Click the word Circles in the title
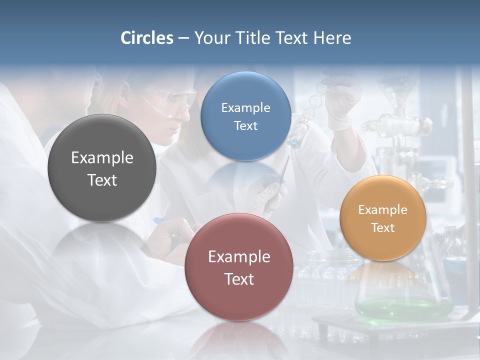pos(146,38)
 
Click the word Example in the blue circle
pos(245,107)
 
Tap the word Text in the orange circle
pos(383,227)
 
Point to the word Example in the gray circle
pos(102,157)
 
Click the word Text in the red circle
pos(239,279)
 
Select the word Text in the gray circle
pos(102,180)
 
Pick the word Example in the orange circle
pos(382,209)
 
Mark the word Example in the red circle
pos(239,256)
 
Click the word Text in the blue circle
pos(245,125)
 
